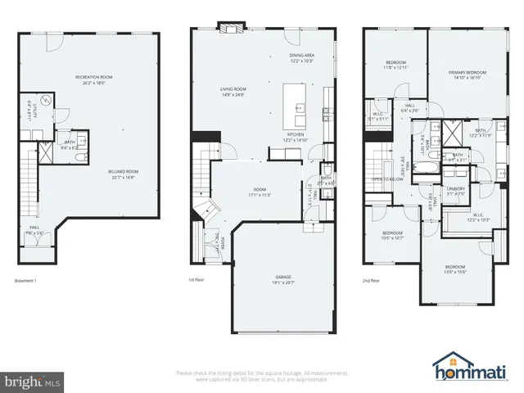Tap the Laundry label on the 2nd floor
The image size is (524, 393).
click(456, 191)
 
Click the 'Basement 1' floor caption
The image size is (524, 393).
click(26, 281)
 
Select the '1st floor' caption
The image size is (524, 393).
click(196, 281)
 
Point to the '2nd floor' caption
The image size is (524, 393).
click(372, 281)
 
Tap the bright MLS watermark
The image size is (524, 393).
click(32, 381)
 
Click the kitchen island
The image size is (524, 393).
click(294, 100)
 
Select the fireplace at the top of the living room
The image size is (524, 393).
click(228, 27)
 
